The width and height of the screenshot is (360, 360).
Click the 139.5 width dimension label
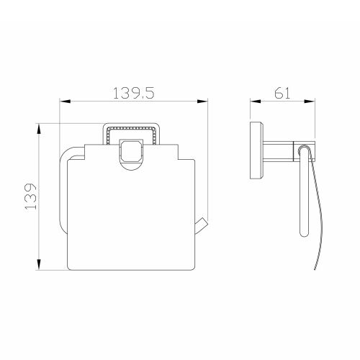pos(133,93)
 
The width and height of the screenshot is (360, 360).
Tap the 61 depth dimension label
pos(282,93)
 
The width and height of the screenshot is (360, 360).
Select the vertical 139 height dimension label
pos(31,197)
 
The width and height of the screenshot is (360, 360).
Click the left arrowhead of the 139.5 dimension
pos(65,102)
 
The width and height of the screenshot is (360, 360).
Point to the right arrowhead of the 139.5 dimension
pos(202,102)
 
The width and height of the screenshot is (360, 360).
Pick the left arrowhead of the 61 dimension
pos(256,102)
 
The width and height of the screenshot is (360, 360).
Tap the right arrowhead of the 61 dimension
pos(310,102)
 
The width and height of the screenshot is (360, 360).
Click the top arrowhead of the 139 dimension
pos(39,129)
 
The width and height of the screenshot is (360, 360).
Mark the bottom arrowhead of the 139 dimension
pos(39,264)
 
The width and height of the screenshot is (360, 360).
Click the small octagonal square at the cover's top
pos(131,151)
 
